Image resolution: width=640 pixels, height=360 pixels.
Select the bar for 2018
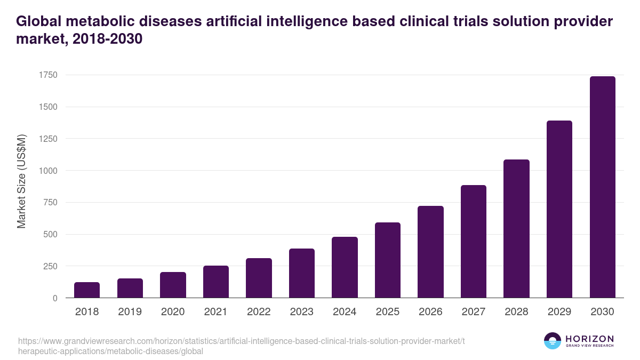pos(87,290)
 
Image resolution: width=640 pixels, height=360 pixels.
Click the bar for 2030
pos(602,187)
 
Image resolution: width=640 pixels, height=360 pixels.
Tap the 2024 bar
pos(345,267)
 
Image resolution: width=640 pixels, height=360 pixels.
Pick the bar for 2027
pos(474,242)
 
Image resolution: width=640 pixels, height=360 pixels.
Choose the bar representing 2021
pos(216,282)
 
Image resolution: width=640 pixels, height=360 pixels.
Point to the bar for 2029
pos(559,209)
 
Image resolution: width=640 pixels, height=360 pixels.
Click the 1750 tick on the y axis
pos(47,75)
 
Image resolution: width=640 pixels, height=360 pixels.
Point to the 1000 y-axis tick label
pos(47,171)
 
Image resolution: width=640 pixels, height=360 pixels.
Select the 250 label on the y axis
pos(50,266)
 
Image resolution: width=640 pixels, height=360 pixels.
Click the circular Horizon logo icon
pos(553,341)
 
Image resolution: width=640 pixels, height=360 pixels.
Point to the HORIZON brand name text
pos(589,339)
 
